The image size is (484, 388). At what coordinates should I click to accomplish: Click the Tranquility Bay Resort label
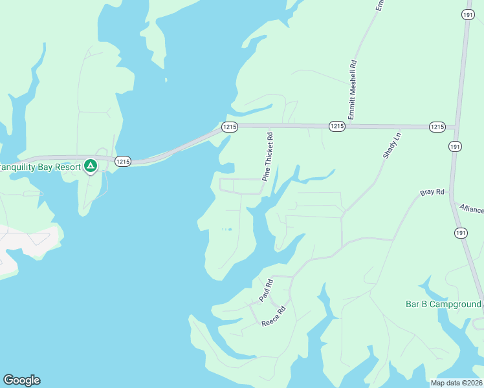click(40, 167)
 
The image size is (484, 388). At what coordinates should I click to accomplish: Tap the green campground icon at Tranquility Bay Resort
click(91, 167)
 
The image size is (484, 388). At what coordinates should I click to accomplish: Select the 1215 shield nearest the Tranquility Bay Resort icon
click(123, 161)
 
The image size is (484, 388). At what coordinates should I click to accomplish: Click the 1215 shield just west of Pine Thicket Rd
click(230, 126)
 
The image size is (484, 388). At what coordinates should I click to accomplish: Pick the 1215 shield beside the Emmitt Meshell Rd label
click(336, 126)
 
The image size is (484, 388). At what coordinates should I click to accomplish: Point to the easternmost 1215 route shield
click(437, 127)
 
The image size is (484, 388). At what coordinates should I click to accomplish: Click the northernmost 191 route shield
click(467, 14)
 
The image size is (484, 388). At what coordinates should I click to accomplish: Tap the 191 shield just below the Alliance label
click(460, 233)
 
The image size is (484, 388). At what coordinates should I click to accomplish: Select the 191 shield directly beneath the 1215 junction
click(456, 147)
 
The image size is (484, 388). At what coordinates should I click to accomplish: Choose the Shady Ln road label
click(391, 145)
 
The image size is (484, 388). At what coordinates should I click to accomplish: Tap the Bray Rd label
click(432, 193)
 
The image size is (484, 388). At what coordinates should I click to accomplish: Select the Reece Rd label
click(274, 317)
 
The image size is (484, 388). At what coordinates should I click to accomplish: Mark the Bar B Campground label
click(443, 304)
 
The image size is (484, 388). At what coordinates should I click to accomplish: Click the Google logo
click(21, 380)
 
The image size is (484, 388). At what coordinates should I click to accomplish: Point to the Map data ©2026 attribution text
click(456, 383)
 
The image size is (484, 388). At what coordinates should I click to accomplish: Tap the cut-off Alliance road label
click(472, 209)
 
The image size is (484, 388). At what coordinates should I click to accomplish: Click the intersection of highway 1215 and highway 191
click(455, 127)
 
